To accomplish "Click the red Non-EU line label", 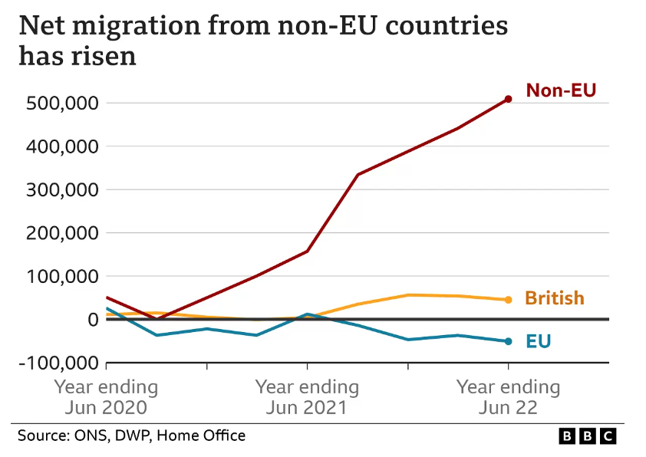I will point(561,90).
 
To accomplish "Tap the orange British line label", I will point(554,298).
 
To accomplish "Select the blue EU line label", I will point(538,340).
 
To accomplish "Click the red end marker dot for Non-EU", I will point(508,99).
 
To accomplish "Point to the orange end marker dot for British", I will point(508,300).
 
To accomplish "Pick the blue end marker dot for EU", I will point(508,341).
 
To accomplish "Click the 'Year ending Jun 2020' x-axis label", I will point(106,396).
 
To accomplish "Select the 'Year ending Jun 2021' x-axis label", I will point(307,396).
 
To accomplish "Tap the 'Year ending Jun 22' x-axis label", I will point(508,396).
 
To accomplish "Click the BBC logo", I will point(587,436).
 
